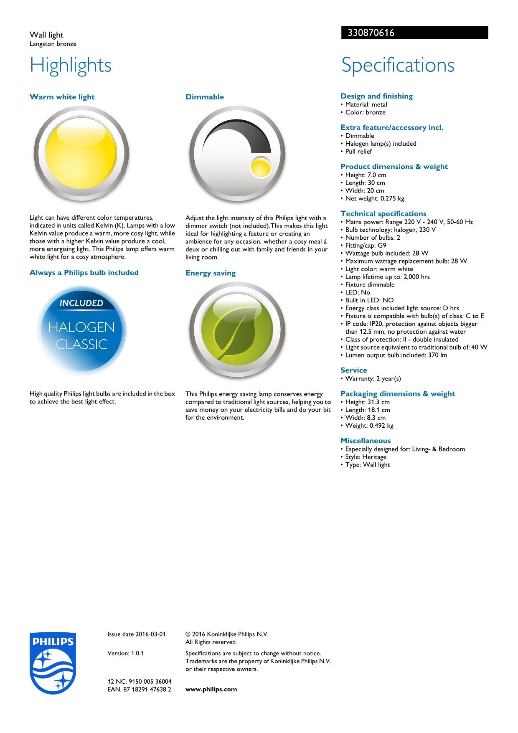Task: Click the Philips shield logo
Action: tap(53, 663)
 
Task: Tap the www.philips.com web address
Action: tap(211, 689)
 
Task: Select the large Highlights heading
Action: tap(71, 66)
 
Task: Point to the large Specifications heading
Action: tap(398, 66)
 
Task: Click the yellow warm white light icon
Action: tap(81, 154)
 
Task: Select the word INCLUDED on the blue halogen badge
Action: tap(81, 303)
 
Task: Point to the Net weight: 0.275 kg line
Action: tap(374, 198)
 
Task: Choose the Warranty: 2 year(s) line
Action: tap(373, 378)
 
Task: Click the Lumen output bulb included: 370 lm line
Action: tap(396, 355)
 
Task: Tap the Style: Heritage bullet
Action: tap(366, 457)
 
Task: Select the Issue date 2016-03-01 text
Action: tap(136, 634)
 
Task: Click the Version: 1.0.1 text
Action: tap(125, 653)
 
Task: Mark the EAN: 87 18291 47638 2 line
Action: tap(139, 689)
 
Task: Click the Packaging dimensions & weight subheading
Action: tap(397, 393)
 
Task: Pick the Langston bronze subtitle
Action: tap(53, 44)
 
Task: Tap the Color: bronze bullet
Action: tap(365, 112)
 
